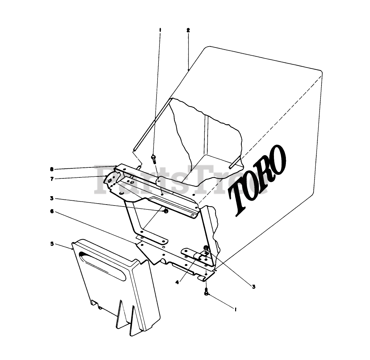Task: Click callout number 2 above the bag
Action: click(188, 30)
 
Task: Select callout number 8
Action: click(52, 169)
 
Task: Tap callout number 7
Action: click(52, 179)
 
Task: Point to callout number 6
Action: click(52, 211)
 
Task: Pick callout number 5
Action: click(52, 243)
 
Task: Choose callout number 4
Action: click(177, 282)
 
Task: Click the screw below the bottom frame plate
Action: click(206, 292)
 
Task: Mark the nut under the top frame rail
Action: click(166, 211)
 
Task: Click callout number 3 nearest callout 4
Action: click(254, 286)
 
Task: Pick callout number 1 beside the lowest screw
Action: click(235, 310)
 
